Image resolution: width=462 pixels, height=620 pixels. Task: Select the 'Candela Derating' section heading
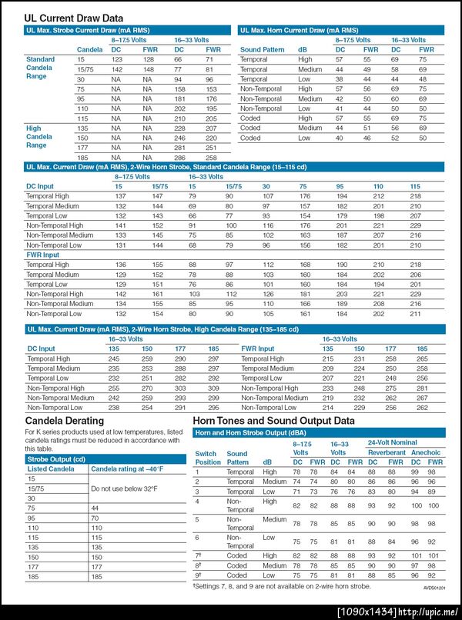point(65,421)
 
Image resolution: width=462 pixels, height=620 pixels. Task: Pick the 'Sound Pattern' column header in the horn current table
point(262,49)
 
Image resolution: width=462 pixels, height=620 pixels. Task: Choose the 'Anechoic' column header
point(427,453)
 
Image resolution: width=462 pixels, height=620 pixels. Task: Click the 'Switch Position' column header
point(206,458)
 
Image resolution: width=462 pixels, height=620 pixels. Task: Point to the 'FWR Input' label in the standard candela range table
point(43,255)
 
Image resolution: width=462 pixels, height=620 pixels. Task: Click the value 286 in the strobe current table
point(178,157)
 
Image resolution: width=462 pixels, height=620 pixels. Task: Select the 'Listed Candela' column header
point(51,468)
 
